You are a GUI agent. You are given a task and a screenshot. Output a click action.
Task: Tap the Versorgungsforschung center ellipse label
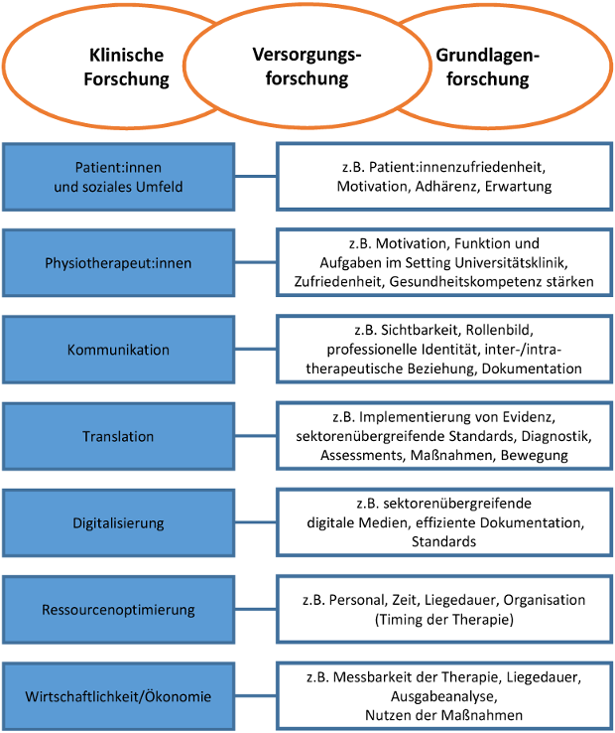click(307, 67)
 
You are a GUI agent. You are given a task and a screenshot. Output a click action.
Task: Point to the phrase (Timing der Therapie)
click(443, 619)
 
